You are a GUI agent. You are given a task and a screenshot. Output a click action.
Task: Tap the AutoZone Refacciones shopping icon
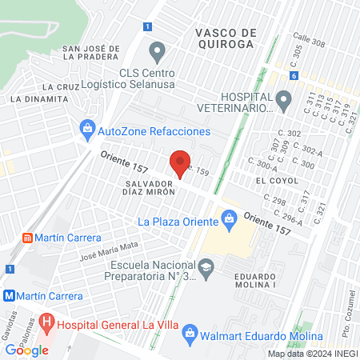click(x=87, y=129)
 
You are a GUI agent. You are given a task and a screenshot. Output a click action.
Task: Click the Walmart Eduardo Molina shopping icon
click(x=190, y=331)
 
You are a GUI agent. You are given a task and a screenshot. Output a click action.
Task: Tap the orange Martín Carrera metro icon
click(x=29, y=238)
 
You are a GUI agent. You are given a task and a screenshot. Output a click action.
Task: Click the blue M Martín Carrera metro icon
click(x=10, y=295)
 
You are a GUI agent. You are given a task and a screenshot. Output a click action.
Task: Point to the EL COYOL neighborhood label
click(x=270, y=181)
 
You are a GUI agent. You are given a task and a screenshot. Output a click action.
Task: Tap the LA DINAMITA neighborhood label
click(x=39, y=99)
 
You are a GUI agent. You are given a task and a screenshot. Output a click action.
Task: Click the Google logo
click(x=27, y=350)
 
